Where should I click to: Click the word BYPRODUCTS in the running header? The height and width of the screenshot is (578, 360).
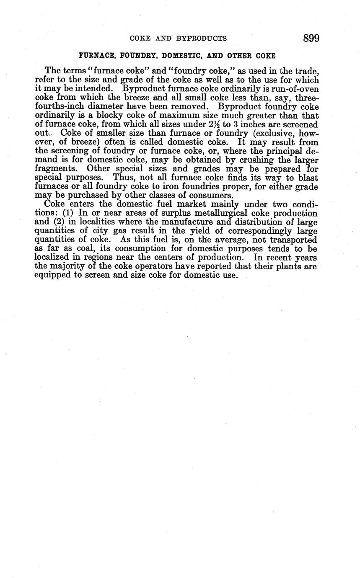pos(202,39)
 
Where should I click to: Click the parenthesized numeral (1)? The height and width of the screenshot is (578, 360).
pos(68,213)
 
